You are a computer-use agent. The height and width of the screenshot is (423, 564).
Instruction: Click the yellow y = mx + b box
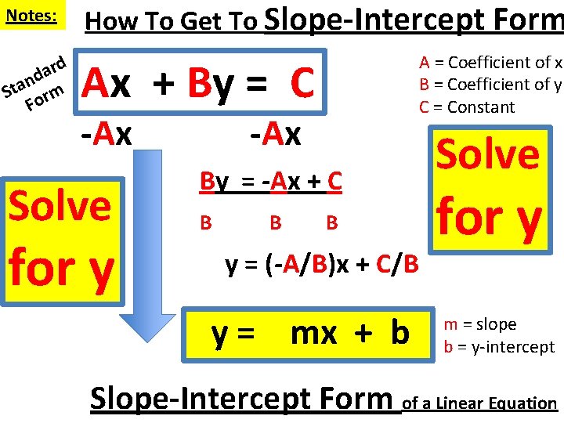pos(309,333)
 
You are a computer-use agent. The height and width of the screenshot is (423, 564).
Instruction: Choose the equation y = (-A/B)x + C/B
pos(322,266)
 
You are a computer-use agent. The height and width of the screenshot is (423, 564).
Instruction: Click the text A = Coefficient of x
pos(491,63)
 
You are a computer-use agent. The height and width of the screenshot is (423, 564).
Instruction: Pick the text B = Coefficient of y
pos(491,85)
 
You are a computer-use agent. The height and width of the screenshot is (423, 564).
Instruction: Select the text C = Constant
pos(468,107)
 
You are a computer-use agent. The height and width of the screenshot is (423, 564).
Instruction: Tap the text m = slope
pos(480,324)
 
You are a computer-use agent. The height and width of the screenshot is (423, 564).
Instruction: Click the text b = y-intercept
pos(499,346)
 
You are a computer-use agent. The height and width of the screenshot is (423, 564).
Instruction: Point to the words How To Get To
pos(172,21)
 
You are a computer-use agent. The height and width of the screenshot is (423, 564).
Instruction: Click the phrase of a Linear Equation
pos(479,403)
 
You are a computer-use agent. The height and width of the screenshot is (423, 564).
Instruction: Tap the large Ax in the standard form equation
pos(107,83)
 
